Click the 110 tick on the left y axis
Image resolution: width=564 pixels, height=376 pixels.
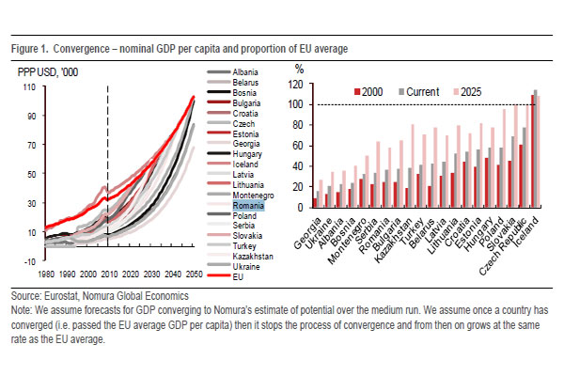tap(28, 87)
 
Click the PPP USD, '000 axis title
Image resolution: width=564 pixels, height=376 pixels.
tap(45, 70)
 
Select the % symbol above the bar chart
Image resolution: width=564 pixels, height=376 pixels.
tap(300, 69)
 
